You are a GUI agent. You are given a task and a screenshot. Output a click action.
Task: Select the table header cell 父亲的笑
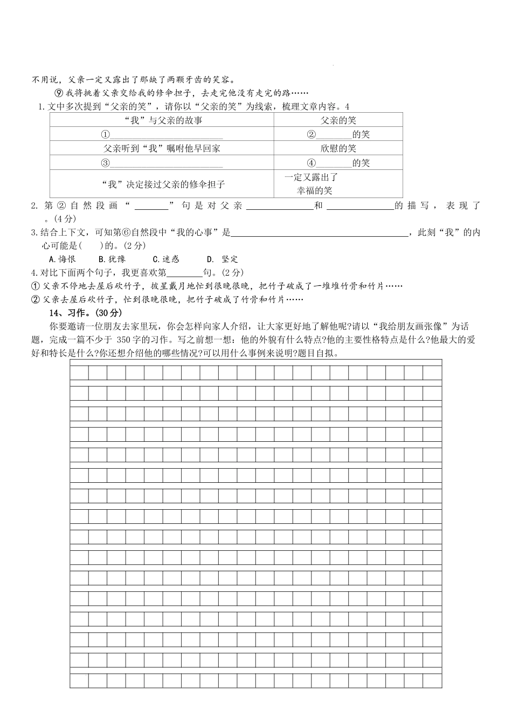[338, 120]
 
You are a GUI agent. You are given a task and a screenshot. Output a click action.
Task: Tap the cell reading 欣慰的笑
[338, 148]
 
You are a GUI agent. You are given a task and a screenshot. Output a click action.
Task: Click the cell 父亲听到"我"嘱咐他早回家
[162, 148]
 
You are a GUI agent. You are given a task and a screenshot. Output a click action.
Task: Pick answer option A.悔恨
[62, 259]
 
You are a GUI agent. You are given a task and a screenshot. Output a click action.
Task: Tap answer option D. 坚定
[223, 259]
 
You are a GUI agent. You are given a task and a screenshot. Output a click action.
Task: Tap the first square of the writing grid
[79, 373]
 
